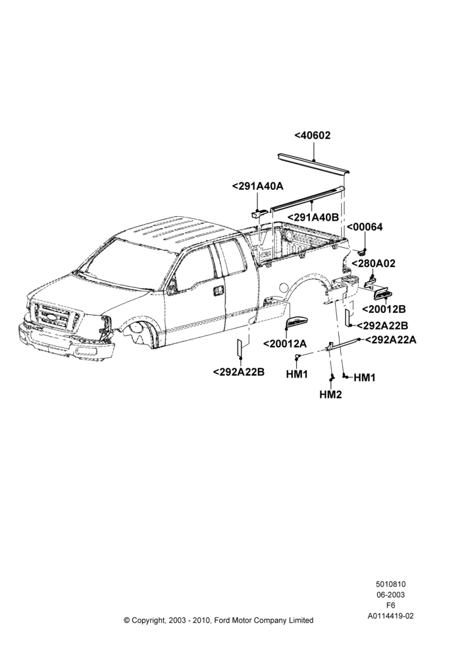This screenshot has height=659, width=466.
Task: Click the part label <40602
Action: point(313,135)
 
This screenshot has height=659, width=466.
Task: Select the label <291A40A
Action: point(258,186)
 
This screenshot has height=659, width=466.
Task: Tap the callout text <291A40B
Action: point(313,217)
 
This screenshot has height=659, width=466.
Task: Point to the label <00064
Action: point(365,227)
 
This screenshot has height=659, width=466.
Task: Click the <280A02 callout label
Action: point(373,264)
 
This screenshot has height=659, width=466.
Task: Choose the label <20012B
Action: point(383,309)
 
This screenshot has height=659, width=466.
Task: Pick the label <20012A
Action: point(284,343)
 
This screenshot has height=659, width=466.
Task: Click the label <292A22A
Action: point(391,339)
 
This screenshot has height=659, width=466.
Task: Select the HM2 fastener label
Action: point(330,395)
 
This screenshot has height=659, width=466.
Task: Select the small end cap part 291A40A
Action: point(258,213)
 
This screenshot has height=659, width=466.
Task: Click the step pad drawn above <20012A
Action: point(298,322)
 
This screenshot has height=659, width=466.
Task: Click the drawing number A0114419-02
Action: point(390,616)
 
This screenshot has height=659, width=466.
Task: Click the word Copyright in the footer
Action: point(149,620)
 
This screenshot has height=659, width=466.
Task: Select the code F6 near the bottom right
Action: point(390,606)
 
